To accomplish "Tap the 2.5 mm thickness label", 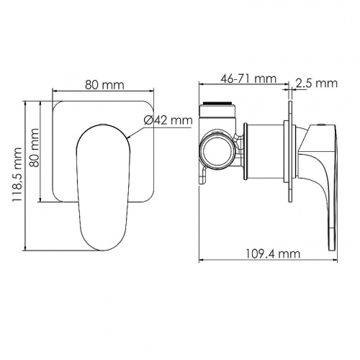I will tap(318, 84).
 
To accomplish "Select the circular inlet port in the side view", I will tap(217, 150).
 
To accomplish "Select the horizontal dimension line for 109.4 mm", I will tap(266, 261).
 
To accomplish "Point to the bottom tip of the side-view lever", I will tap(333, 247).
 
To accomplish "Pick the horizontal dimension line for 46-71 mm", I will tap(245, 86).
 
